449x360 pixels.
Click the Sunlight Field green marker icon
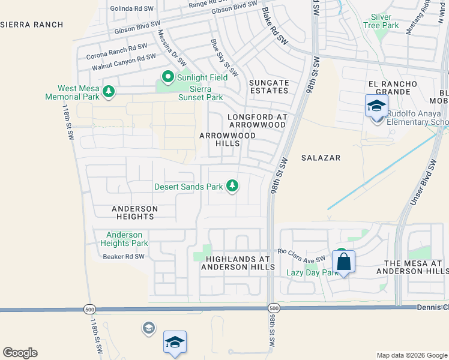(x=168, y=77)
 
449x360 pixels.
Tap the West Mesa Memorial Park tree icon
(x=109, y=91)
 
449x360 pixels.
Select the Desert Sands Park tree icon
(x=232, y=187)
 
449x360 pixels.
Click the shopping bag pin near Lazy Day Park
(x=343, y=262)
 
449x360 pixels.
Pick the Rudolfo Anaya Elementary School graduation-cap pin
(x=376, y=107)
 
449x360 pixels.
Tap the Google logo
(x=20, y=353)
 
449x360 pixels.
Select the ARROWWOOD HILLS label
(x=228, y=140)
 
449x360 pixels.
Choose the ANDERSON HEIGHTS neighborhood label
(x=134, y=212)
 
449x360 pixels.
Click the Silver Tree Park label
(x=381, y=22)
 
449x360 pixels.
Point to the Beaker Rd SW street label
(x=124, y=256)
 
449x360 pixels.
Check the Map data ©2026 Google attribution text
(x=411, y=355)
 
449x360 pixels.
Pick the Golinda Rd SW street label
(x=133, y=9)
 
